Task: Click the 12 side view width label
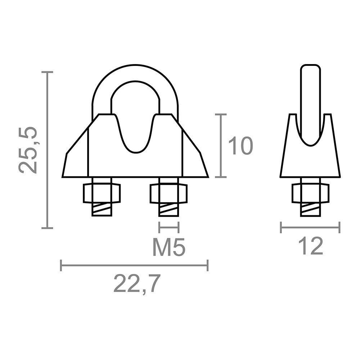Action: point(310,247)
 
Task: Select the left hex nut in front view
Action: point(102,193)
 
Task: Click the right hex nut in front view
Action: point(168,193)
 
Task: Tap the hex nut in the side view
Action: point(310,193)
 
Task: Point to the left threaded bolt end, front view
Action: point(102,210)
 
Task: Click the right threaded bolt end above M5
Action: point(168,210)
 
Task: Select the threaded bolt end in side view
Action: point(310,210)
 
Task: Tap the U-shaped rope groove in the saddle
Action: point(135,137)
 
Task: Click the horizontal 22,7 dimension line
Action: point(134,266)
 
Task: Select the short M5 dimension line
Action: point(168,228)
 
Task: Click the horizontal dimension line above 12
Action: point(310,228)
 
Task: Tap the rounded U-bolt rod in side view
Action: point(310,101)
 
